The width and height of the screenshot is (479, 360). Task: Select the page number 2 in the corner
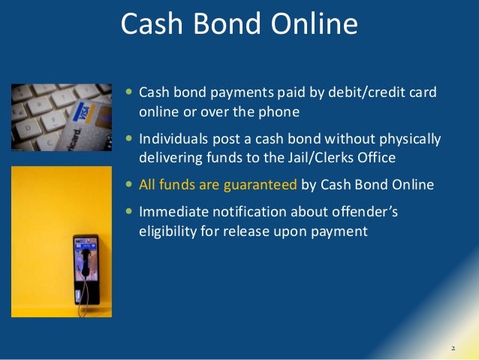(453, 349)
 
